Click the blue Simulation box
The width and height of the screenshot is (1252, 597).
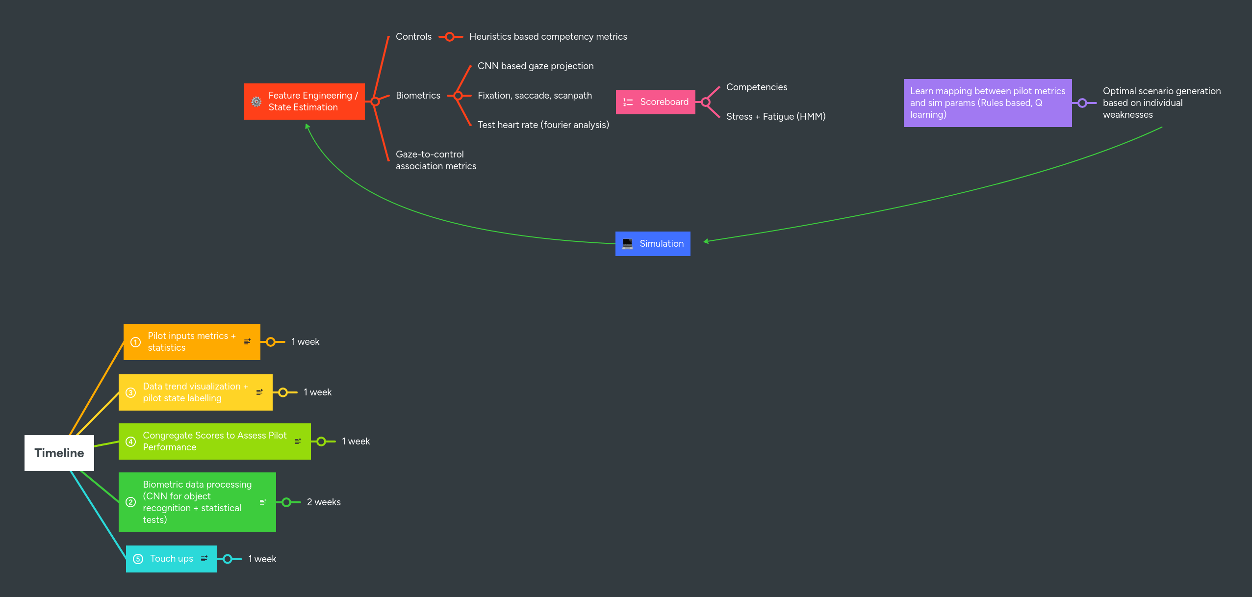coord(653,244)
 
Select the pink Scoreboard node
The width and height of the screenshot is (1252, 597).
coord(655,102)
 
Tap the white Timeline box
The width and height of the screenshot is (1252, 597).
coord(59,453)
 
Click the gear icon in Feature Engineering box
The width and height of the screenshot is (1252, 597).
coord(256,102)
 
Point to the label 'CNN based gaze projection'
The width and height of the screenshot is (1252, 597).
coord(536,66)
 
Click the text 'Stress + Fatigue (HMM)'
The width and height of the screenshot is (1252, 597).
coord(776,117)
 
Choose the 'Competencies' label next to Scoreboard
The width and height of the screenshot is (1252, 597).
coord(757,87)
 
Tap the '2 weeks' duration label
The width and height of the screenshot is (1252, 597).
coord(324,502)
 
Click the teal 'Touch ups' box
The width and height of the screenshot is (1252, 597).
coord(171,559)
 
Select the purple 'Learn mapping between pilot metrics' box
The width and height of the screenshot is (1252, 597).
coord(987,103)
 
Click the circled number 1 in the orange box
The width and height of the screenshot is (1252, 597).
coord(136,342)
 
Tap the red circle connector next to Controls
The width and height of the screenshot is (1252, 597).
coord(450,37)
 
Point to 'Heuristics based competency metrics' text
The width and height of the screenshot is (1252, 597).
coord(548,37)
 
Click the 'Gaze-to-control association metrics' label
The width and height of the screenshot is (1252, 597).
coord(435,160)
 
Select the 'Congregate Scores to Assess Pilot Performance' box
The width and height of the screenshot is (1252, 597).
coord(214,441)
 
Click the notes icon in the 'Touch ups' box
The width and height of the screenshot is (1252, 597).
coord(204,559)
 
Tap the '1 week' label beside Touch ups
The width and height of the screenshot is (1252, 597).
coord(262,559)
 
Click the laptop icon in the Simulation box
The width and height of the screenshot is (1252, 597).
coord(627,244)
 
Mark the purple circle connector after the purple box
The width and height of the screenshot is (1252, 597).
coord(1082,103)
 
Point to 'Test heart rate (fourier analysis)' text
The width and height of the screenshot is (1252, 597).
coord(543,125)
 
